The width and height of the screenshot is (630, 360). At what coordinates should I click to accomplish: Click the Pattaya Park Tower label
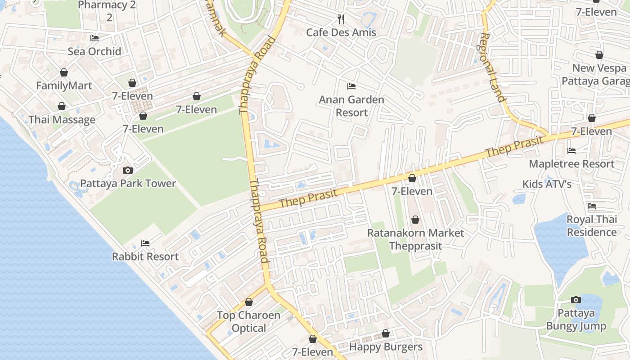128,184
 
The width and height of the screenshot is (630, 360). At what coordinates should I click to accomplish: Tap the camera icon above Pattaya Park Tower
128,171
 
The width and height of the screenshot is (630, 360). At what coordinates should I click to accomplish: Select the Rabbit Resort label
145,256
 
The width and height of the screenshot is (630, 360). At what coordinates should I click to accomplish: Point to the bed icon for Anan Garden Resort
351,86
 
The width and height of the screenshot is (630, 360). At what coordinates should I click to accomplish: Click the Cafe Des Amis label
341,32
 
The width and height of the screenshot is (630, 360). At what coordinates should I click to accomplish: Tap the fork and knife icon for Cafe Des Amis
341,19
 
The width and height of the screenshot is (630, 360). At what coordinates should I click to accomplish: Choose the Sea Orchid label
94,51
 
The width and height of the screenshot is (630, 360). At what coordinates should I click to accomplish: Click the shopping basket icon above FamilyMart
64,72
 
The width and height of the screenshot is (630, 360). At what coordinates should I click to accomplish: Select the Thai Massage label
62,120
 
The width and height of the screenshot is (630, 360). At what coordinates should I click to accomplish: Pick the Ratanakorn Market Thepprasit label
415,239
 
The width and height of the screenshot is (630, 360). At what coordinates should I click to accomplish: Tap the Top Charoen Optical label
248,321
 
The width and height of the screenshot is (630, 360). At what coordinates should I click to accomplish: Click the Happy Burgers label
386,347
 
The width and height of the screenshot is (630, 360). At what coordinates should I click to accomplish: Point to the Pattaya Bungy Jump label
576,319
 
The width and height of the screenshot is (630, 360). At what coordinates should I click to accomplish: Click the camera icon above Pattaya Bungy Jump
576,300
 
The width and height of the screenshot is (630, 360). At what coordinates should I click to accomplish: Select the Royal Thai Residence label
591,226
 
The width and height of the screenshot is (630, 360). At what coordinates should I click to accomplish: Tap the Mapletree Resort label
571,164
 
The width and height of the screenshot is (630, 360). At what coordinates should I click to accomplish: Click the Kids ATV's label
547,184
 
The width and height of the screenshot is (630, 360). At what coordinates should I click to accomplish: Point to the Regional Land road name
493,67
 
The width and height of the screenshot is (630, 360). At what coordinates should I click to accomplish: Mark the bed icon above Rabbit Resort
145,243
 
